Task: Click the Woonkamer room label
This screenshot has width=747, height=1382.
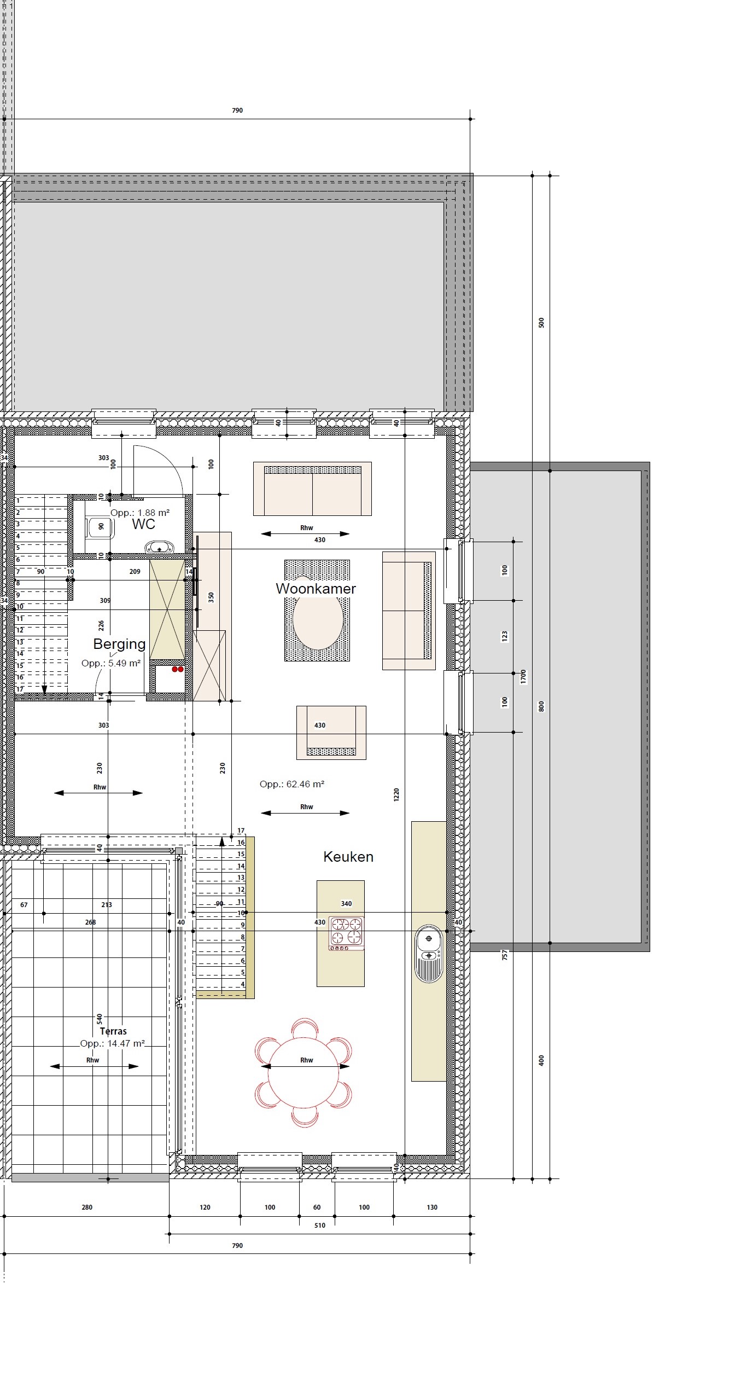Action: [316, 589]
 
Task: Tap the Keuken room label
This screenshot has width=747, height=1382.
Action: [348, 857]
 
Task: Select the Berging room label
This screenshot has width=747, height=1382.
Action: [119, 644]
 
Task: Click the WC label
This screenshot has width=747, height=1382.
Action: [143, 524]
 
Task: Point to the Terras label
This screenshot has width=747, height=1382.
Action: [113, 1031]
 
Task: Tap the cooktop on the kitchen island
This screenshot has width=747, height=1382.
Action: [346, 933]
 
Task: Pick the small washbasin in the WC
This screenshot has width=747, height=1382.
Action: [159, 547]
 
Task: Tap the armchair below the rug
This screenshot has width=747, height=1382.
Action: [331, 733]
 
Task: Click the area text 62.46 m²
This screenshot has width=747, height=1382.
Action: [292, 784]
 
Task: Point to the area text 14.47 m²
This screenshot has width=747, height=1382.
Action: [113, 1043]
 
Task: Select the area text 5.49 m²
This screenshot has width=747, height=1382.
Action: [111, 663]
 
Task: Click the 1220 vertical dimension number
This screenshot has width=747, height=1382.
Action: [396, 795]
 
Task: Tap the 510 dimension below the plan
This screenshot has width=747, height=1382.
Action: [320, 1226]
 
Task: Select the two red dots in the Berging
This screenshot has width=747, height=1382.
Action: [177, 669]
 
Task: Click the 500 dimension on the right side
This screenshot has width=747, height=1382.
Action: [541, 323]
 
